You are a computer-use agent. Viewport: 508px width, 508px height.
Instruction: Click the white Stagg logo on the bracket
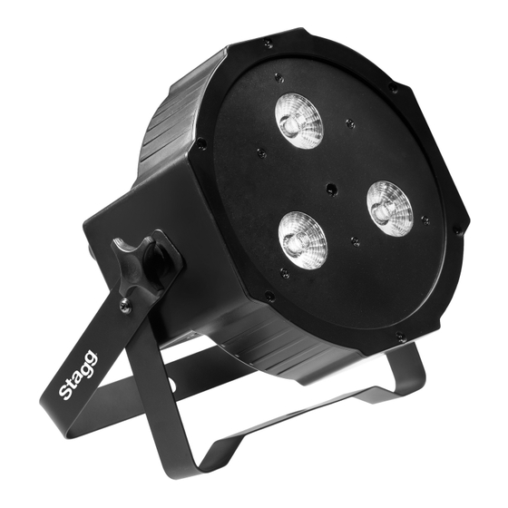pos(78,375)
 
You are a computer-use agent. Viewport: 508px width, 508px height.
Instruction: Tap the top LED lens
pos(299,122)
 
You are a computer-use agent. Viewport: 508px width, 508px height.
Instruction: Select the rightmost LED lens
pos(390,209)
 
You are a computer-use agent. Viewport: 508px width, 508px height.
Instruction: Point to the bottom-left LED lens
pos(303,240)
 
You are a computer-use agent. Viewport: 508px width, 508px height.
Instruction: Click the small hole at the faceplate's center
pos(330,189)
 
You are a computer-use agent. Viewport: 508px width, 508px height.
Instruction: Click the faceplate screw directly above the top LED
pos(278,78)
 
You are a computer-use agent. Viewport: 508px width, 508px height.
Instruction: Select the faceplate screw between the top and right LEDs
pos(350,123)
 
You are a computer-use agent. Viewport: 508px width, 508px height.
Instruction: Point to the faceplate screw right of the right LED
pos(425,221)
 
